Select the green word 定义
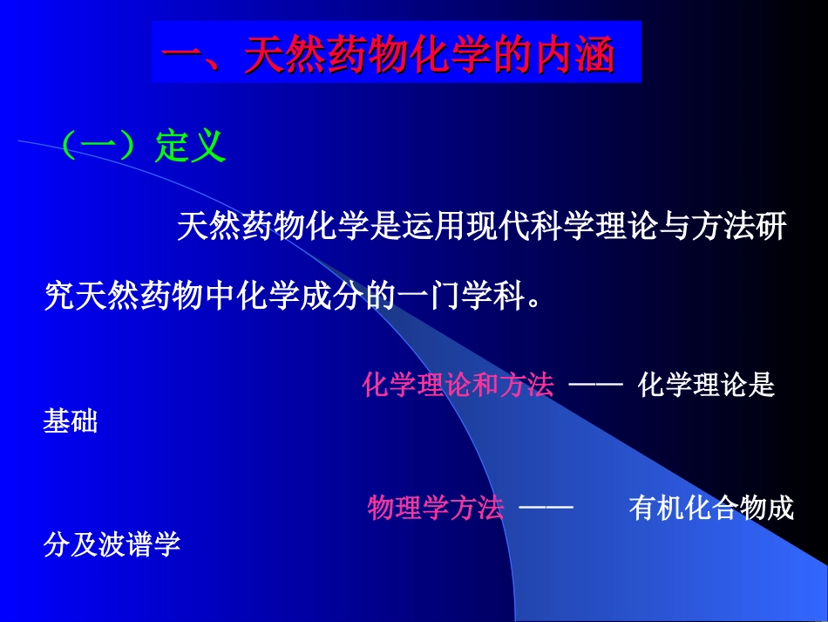click(190, 147)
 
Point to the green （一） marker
click(101, 147)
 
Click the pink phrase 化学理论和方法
click(458, 385)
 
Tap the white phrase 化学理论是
click(706, 385)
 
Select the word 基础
click(71, 423)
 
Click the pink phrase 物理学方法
click(436, 507)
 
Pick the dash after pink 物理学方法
click(546, 508)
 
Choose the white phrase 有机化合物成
click(711, 507)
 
